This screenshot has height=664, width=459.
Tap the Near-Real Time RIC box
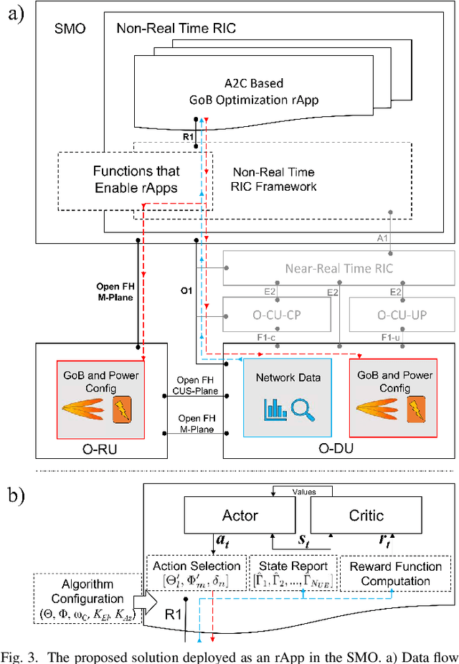[336, 269]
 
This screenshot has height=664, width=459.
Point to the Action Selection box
[197, 573]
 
